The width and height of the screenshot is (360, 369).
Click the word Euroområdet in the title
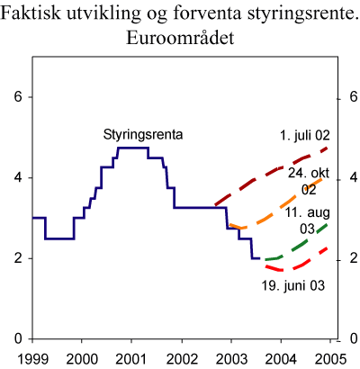[x=179, y=40]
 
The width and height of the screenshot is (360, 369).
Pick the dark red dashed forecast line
[x=270, y=175]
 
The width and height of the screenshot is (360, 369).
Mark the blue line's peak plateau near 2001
[x=133, y=148]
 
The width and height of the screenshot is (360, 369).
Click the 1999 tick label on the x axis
[x=32, y=359]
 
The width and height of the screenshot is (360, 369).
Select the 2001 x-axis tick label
[x=131, y=359]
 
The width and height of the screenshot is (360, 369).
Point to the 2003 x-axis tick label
[x=231, y=359]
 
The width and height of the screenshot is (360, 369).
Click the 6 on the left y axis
[x=16, y=97]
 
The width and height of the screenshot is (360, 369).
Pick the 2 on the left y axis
[x=16, y=258]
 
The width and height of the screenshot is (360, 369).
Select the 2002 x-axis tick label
[x=182, y=359]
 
